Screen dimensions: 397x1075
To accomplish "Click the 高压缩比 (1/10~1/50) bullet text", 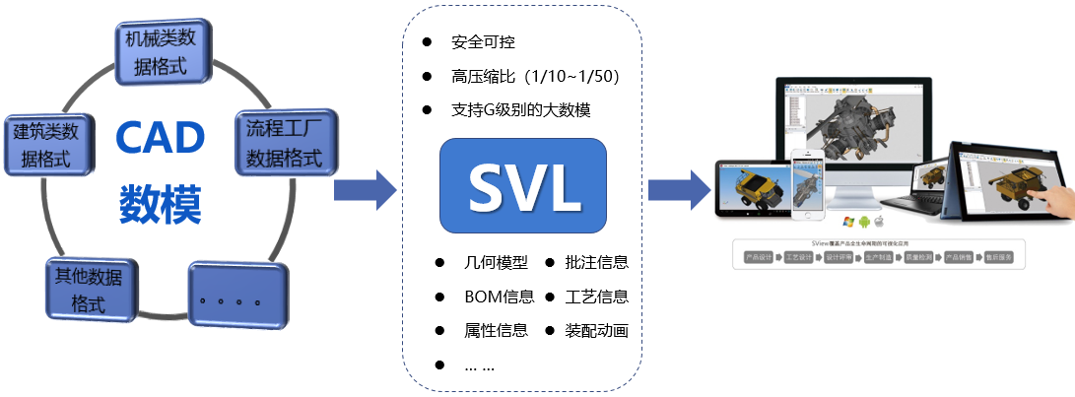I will (x=533, y=76).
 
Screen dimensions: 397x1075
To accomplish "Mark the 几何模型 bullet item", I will (x=496, y=263).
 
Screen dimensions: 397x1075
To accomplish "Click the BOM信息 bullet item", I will (x=498, y=297).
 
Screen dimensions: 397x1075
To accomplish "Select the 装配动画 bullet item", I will (x=596, y=330).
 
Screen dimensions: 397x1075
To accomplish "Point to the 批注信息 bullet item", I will (x=596, y=263).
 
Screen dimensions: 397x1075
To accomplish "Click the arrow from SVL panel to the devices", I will (x=679, y=181).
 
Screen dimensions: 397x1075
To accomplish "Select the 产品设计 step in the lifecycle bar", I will (x=760, y=258).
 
